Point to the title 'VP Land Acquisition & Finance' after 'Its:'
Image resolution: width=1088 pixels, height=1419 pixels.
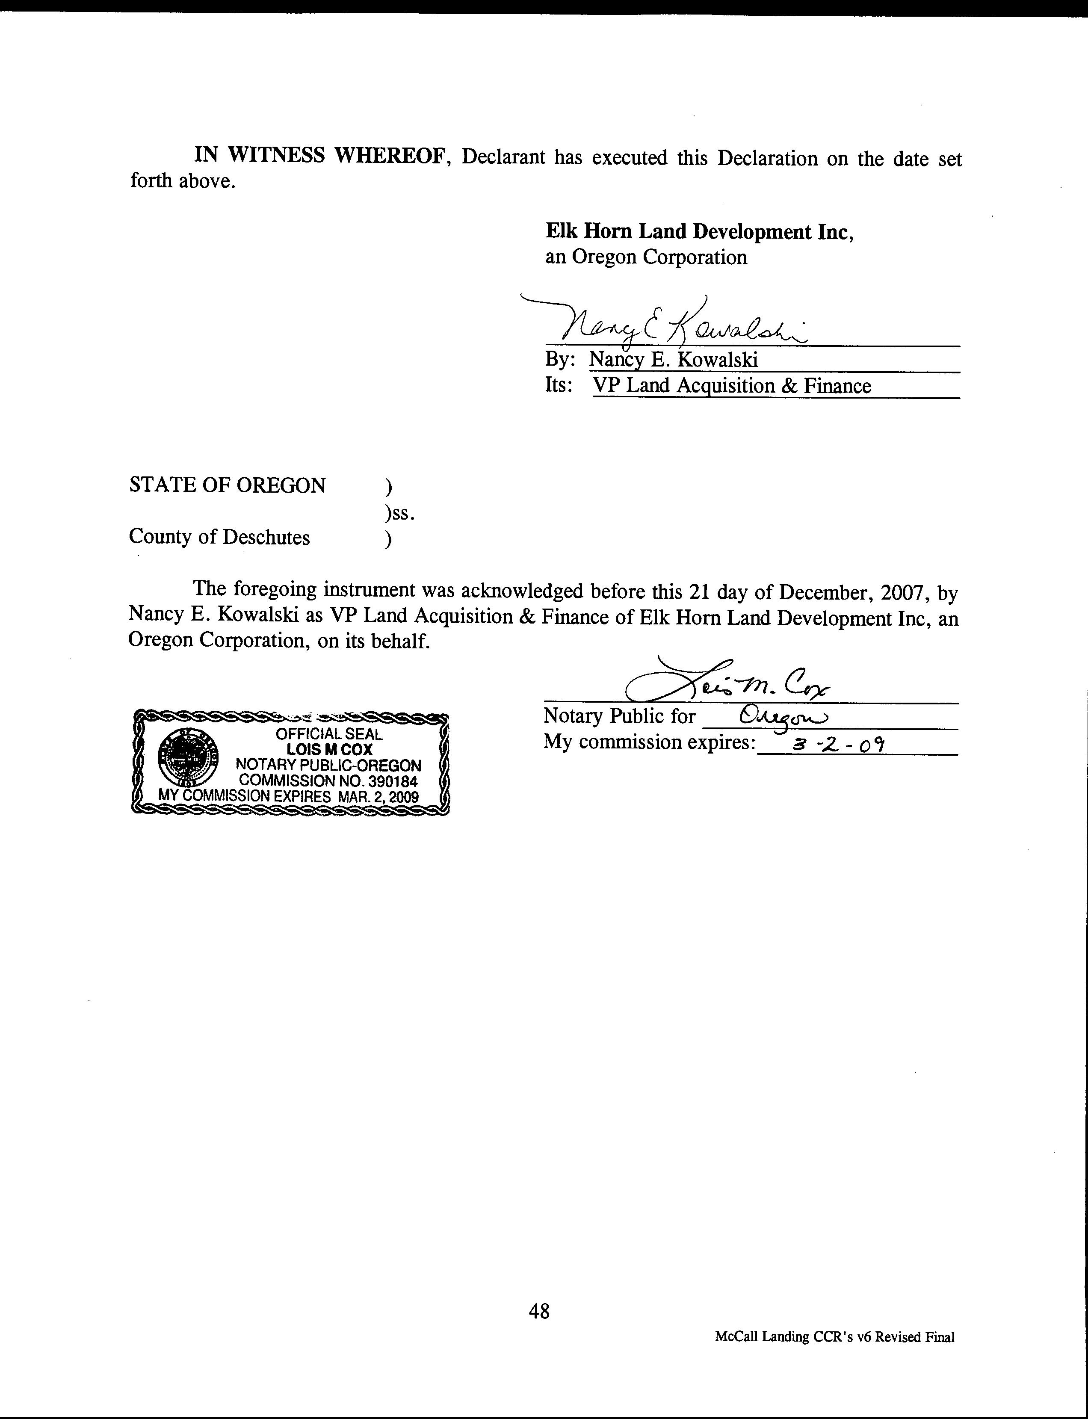tap(732, 386)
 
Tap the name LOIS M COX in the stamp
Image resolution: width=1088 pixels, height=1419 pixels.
tap(330, 749)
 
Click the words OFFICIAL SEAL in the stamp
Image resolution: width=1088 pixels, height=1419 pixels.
tap(329, 734)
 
